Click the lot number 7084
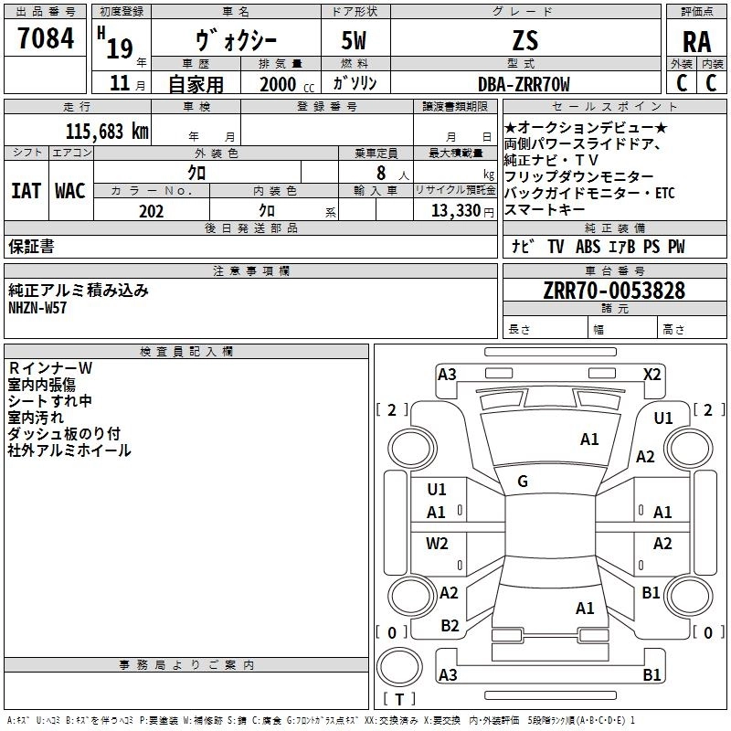point(46,38)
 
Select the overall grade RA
point(696,42)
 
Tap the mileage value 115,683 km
point(107,132)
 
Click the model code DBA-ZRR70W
point(524,84)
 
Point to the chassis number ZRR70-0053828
point(614,291)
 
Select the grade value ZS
point(524,40)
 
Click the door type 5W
point(354,40)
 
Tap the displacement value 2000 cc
point(287,84)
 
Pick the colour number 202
point(151,211)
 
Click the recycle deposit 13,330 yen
point(462,211)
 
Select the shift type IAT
point(26,191)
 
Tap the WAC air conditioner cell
point(70,191)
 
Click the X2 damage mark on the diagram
point(652,375)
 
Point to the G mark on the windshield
point(523,482)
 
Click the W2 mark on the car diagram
point(437,544)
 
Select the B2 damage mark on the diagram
point(450,625)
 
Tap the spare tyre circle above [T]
point(399,667)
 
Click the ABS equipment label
point(588,247)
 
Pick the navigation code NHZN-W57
point(37,308)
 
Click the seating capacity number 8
point(381,173)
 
